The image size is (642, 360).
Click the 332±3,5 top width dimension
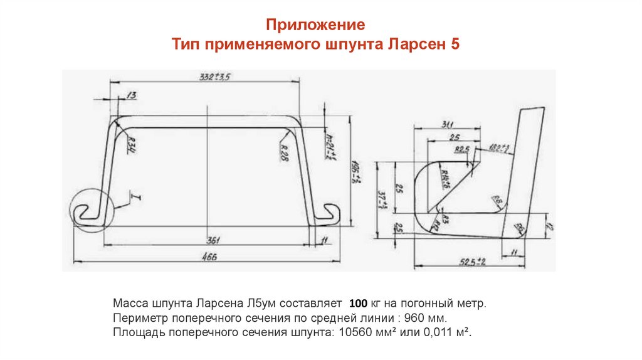216,77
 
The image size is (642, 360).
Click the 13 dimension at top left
131,95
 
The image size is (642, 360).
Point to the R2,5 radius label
462,149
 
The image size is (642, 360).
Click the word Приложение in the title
315,26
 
